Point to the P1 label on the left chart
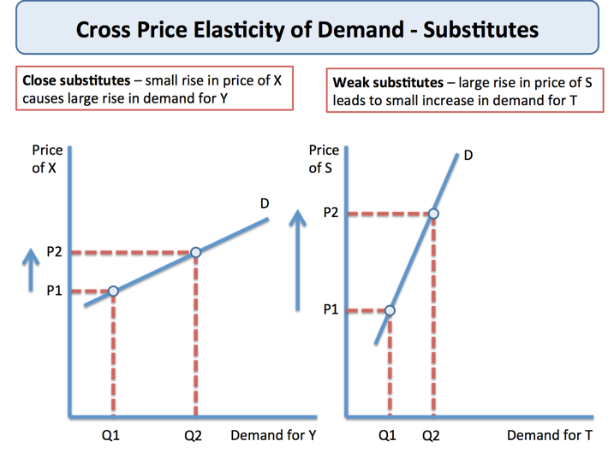coord(54,291)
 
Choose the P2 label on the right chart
coord(331,213)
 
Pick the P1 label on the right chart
coord(331,310)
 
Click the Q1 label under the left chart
coord(110,436)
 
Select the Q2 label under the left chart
coord(194,436)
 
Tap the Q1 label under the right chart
coord(388,436)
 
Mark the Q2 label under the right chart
coord(431,436)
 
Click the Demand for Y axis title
coord(273,436)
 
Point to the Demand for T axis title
coord(549,436)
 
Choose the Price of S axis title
coord(324,159)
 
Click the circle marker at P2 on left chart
coord(195,252)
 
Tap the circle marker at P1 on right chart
coord(390,310)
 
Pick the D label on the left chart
coord(265,203)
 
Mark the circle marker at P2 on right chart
coord(433,214)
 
